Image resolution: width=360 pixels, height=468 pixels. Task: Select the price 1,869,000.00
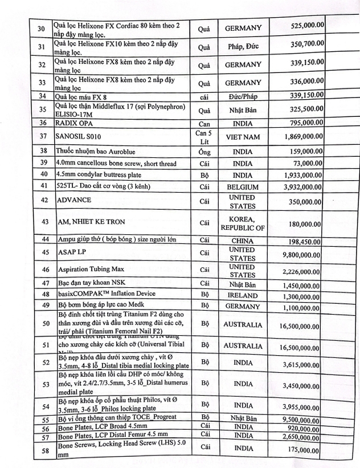click(301, 137)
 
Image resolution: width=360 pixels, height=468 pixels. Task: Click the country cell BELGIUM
click(243, 187)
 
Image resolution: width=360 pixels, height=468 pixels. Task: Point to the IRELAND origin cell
click(243, 296)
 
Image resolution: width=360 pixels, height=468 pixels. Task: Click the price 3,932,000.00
click(301, 187)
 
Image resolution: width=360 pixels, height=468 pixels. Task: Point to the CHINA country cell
click(243, 241)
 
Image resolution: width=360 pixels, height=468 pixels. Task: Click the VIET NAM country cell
click(243, 137)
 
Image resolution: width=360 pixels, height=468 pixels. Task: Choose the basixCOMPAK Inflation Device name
click(106, 294)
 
